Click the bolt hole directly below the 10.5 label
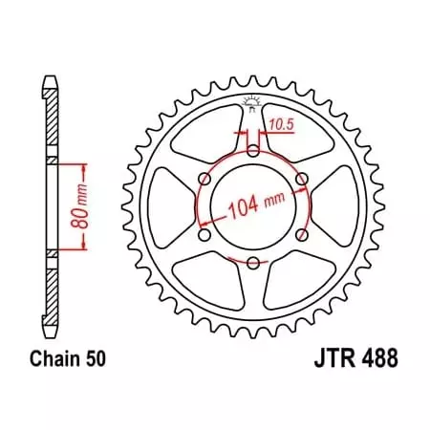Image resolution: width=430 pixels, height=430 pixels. [x=252, y=151]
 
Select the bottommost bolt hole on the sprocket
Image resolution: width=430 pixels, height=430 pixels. [x=252, y=264]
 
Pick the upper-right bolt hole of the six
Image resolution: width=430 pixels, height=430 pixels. [x=301, y=179]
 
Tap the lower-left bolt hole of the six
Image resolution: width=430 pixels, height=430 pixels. [x=204, y=235]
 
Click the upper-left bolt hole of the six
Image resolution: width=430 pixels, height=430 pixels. [x=204, y=179]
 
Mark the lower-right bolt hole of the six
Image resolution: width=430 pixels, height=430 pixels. [x=301, y=235]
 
